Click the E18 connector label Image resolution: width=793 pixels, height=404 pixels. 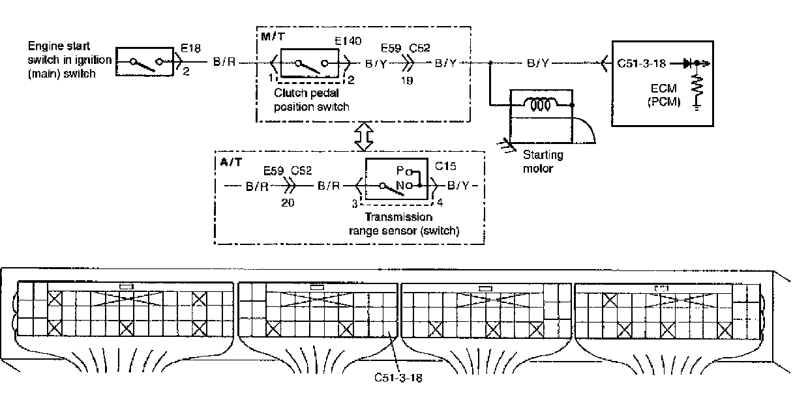click(190, 48)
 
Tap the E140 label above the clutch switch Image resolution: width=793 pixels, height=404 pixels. click(348, 41)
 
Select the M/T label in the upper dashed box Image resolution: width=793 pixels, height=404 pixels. click(273, 36)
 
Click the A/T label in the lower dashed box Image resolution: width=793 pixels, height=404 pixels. click(231, 162)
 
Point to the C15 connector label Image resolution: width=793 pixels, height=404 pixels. click(445, 166)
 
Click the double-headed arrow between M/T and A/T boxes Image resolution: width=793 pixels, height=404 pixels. click(364, 137)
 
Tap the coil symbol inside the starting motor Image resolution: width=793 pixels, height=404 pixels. click(540, 105)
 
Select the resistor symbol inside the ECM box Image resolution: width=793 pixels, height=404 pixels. click(696, 85)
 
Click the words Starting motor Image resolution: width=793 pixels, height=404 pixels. click(543, 162)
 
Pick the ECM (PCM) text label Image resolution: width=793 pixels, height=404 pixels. click(664, 94)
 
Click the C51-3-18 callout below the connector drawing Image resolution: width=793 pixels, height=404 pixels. click(398, 378)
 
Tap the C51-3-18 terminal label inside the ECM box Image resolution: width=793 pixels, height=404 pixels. click(641, 63)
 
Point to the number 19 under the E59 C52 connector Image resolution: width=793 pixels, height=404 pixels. click(407, 81)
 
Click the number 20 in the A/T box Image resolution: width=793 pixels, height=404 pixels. click(288, 203)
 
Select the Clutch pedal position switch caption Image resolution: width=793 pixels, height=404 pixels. click(312, 100)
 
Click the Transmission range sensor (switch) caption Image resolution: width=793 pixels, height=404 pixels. click(404, 224)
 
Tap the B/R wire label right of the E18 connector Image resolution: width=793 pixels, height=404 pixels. click(224, 63)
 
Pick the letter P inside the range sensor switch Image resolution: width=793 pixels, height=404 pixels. click(400, 171)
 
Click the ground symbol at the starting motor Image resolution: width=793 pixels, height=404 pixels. click(506, 146)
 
